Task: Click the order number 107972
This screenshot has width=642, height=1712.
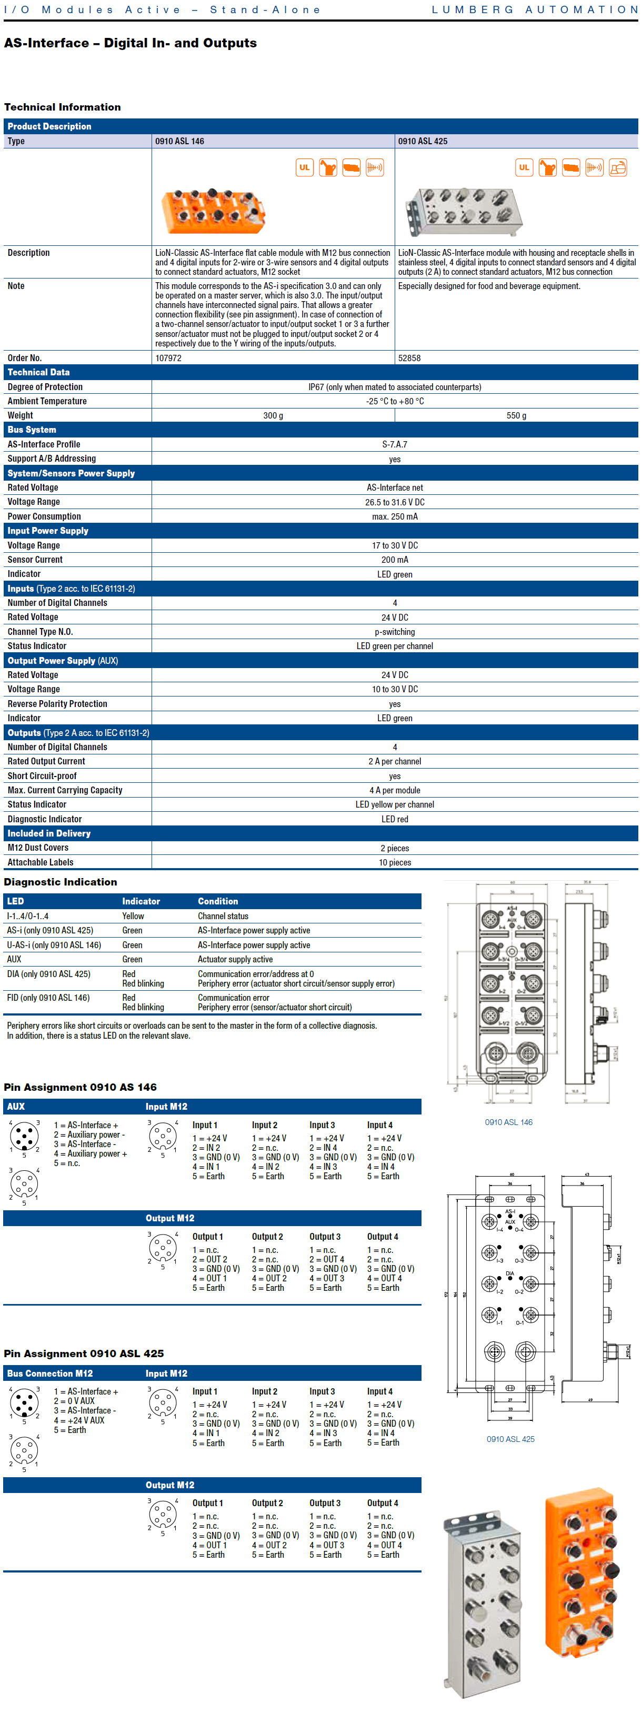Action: click(x=168, y=357)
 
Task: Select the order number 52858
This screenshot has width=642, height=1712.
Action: click(x=409, y=357)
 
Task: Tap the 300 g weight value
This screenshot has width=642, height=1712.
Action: click(x=273, y=415)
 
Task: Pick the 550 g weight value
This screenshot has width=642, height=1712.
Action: click(x=516, y=415)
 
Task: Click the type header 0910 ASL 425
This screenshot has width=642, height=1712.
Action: click(x=422, y=141)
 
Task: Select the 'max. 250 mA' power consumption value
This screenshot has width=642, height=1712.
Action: click(x=394, y=516)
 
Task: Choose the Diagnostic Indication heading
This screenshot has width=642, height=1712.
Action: click(x=61, y=882)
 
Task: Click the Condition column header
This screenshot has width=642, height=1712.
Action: click(x=217, y=901)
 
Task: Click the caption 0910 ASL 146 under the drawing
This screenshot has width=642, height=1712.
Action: click(x=508, y=1122)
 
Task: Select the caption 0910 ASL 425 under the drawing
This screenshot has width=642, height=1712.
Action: click(x=510, y=1439)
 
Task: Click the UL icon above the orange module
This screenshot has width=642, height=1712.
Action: click(x=304, y=167)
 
